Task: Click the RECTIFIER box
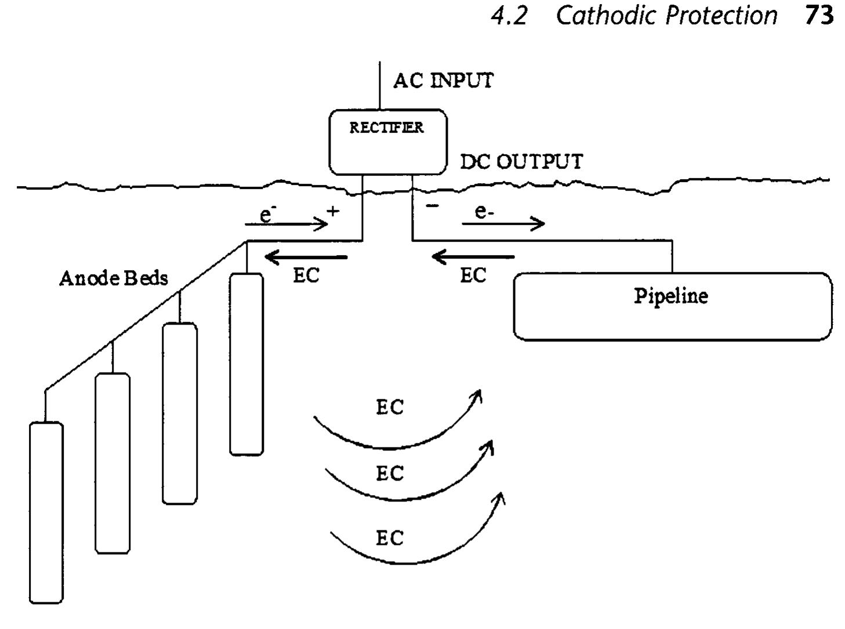pyautogui.click(x=387, y=142)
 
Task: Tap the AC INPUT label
pyautogui.click(x=443, y=81)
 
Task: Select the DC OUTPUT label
pyautogui.click(x=521, y=161)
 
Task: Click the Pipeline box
pyautogui.click(x=672, y=306)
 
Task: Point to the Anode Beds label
pyautogui.click(x=114, y=278)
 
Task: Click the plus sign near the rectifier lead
pyautogui.click(x=333, y=211)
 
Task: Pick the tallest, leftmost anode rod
pyautogui.click(x=46, y=512)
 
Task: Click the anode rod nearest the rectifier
pyautogui.click(x=246, y=364)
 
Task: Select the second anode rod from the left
pyautogui.click(x=113, y=463)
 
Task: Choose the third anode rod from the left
pyautogui.click(x=180, y=413)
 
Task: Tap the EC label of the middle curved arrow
pyautogui.click(x=389, y=474)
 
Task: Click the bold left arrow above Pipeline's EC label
pyautogui.click(x=473, y=256)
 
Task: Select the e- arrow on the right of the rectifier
pyautogui.click(x=503, y=223)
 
